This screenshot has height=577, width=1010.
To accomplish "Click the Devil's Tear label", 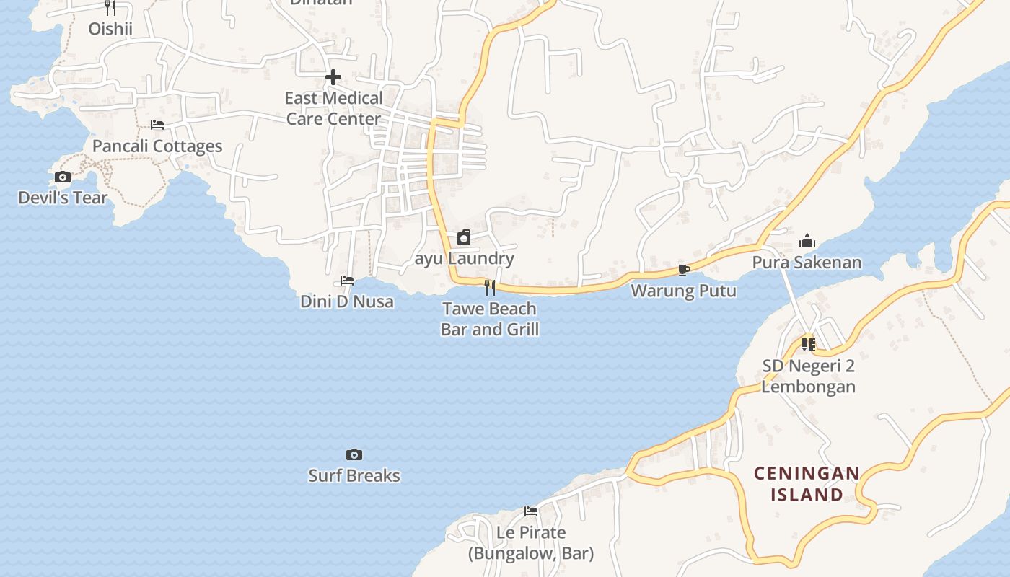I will pyautogui.click(x=63, y=198).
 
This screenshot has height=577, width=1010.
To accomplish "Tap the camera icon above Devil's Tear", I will pyautogui.click(x=63, y=177).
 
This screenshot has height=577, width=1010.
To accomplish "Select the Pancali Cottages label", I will pyautogui.click(x=157, y=146).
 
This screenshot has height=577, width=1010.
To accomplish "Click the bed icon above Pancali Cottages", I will pyautogui.click(x=157, y=125).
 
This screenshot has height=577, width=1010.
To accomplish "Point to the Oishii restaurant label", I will pyautogui.click(x=110, y=28).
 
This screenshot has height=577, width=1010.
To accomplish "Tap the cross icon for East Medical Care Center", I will pyautogui.click(x=333, y=77).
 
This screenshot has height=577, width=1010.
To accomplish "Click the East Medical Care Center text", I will pyautogui.click(x=333, y=108).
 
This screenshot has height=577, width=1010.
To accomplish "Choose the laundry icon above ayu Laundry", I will pyautogui.click(x=464, y=237).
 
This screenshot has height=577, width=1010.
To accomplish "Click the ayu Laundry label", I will pyautogui.click(x=465, y=258).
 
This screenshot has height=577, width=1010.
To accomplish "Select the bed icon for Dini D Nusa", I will pyautogui.click(x=347, y=281).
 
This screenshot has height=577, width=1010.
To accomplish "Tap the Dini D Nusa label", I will pyautogui.click(x=347, y=301).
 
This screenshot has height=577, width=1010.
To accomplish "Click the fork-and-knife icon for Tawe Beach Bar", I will pyautogui.click(x=490, y=288).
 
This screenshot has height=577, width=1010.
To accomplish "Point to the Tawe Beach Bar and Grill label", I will pyautogui.click(x=490, y=319).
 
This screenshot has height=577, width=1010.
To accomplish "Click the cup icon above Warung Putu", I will pyautogui.click(x=683, y=270).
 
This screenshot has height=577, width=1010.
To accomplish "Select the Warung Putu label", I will pyautogui.click(x=683, y=291).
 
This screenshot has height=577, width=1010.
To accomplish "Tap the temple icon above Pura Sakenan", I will pyautogui.click(x=807, y=241).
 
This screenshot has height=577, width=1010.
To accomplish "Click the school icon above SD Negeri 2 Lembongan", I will pyautogui.click(x=808, y=345).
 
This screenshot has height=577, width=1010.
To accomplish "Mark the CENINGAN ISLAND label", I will pyautogui.click(x=807, y=484).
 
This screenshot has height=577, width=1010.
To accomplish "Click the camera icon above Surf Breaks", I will pyautogui.click(x=353, y=454).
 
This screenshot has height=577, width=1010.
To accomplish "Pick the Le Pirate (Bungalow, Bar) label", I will pyautogui.click(x=531, y=543).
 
